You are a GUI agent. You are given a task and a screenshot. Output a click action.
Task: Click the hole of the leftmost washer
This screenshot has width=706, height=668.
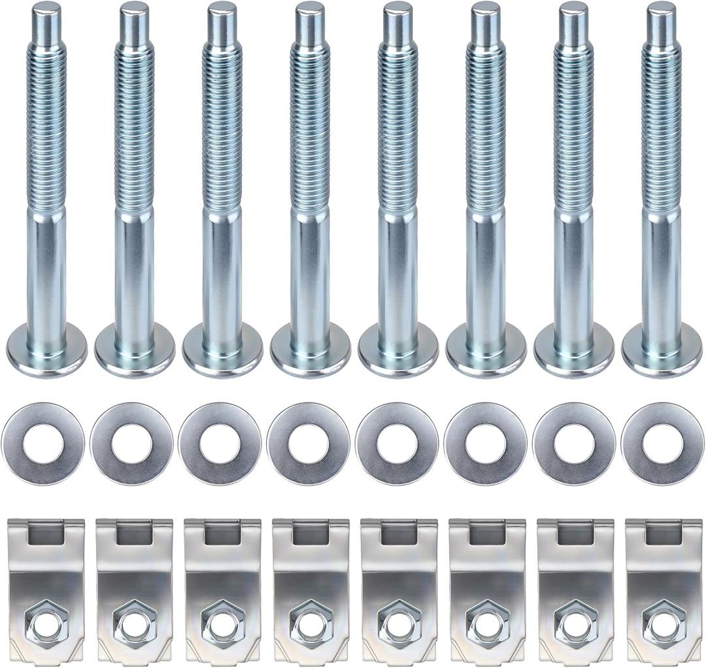[x=43, y=444]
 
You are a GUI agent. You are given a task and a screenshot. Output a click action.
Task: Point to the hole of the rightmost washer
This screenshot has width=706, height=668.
[x=662, y=444]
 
